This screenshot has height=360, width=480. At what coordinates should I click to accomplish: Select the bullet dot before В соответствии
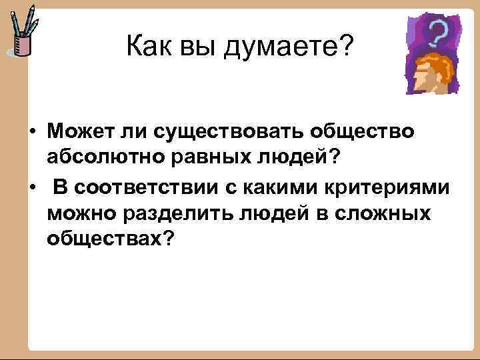point(32,189)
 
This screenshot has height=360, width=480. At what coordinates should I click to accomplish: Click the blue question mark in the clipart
point(437,32)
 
